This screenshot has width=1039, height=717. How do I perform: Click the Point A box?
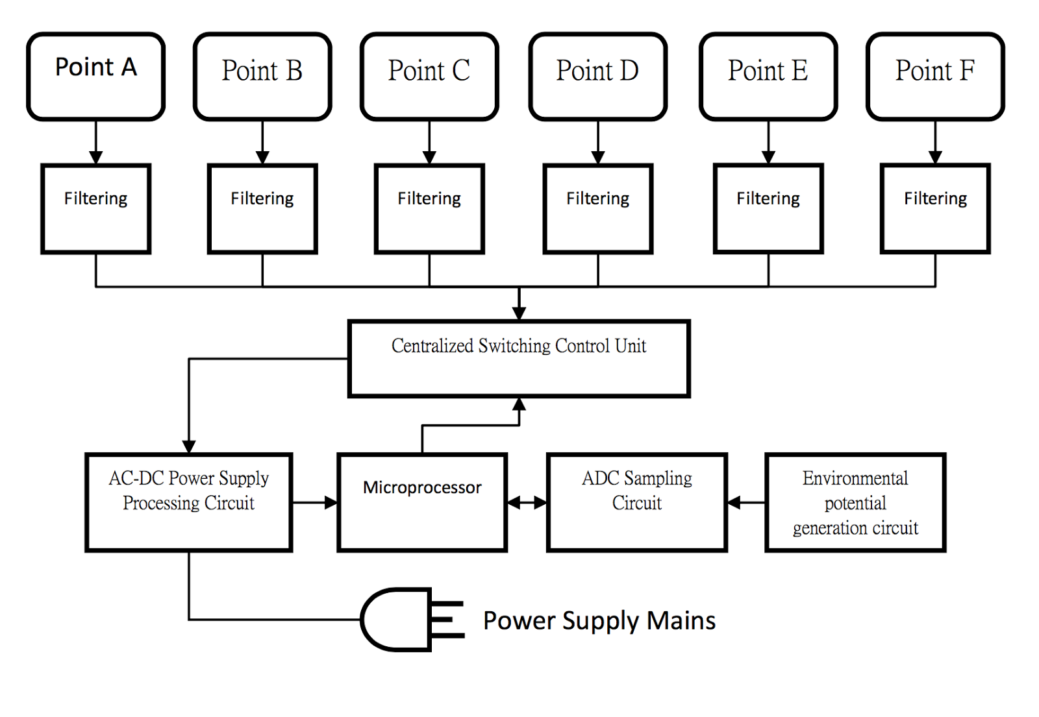click(95, 77)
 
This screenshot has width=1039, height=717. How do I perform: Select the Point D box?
click(597, 77)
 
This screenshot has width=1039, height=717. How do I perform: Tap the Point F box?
click(935, 77)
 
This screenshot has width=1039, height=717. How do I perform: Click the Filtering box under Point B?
click(262, 208)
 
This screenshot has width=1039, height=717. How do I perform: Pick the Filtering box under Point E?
click(768, 208)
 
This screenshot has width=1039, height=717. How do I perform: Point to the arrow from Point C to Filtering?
click(429, 143)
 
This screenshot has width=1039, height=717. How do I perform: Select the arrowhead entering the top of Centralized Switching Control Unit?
click(519, 313)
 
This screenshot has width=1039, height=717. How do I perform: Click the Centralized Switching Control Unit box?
click(519, 358)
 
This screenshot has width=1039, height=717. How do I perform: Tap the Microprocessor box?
click(422, 502)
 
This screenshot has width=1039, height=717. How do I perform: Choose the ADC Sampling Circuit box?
click(637, 502)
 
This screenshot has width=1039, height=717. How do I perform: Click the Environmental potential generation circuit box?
click(855, 502)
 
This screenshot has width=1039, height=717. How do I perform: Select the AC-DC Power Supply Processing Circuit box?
click(189, 502)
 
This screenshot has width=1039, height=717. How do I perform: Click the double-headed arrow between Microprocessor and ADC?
click(527, 502)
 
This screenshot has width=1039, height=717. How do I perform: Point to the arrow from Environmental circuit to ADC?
click(746, 502)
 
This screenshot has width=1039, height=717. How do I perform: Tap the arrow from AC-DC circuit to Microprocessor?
click(315, 502)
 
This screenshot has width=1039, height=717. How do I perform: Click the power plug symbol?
click(409, 620)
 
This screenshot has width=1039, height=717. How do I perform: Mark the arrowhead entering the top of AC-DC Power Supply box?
click(189, 446)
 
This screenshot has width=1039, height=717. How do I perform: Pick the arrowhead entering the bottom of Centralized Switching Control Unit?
click(519, 405)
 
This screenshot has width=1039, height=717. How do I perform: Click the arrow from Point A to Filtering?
click(96, 143)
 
